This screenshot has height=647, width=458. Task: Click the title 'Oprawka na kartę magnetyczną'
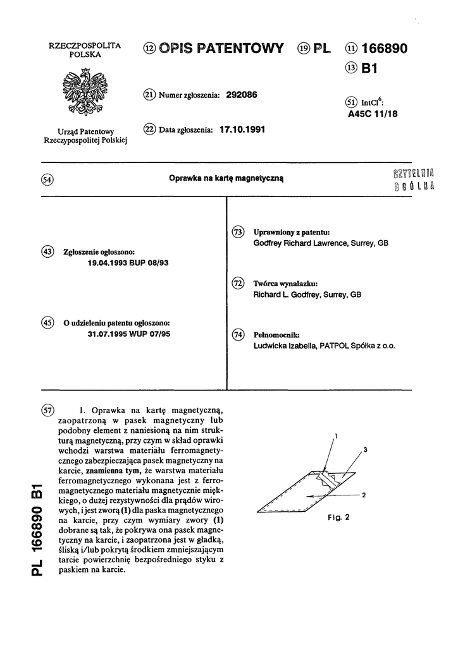[x=228, y=179]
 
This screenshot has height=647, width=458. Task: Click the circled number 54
[x=47, y=179]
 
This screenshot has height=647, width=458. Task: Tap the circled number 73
[x=238, y=233]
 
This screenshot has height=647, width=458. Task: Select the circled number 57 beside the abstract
[x=47, y=409]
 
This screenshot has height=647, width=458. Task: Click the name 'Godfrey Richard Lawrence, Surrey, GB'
[x=320, y=243]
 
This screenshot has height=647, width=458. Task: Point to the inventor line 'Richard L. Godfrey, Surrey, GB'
[x=307, y=294]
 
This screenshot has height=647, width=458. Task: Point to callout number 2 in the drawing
[x=365, y=496]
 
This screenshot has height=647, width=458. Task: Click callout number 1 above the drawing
[x=337, y=436]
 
